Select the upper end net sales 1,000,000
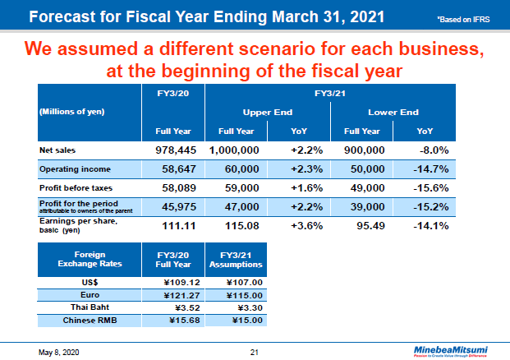[235, 150]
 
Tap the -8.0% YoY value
[430, 150]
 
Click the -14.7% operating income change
[428, 168]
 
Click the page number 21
[255, 352]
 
